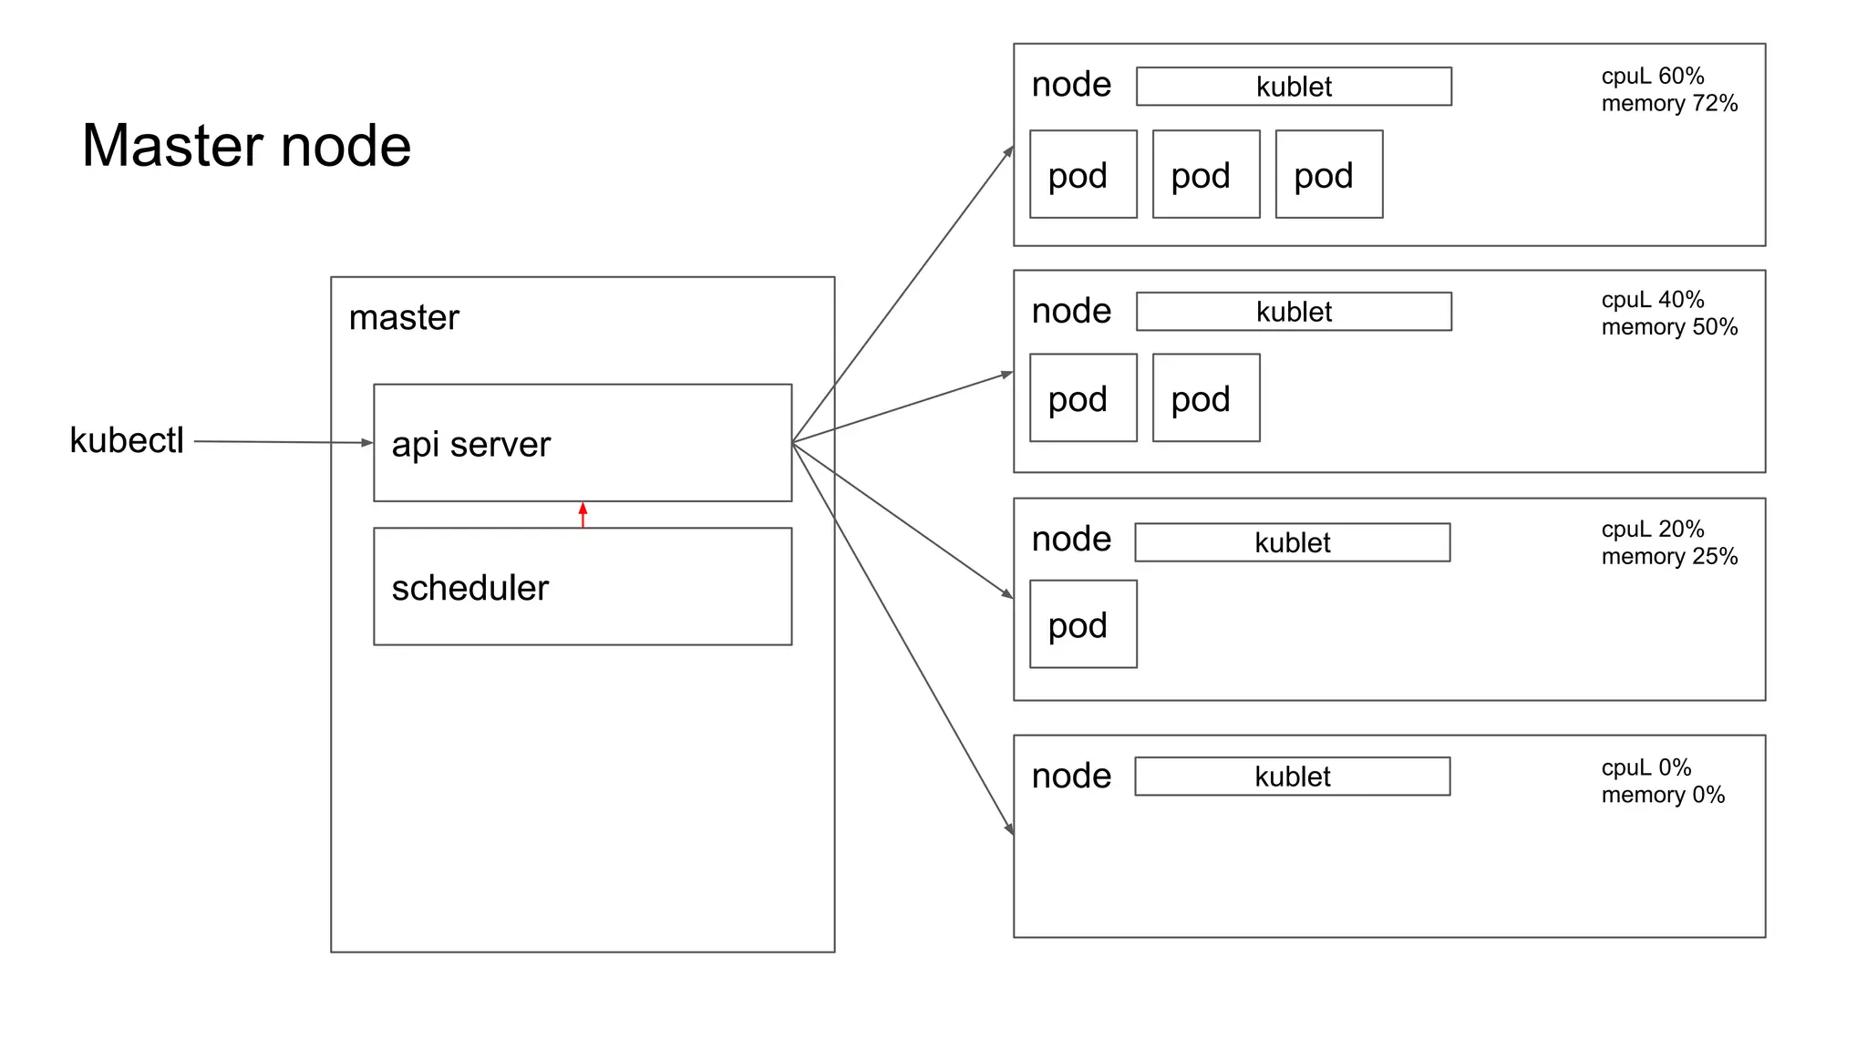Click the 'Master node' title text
pos(246,146)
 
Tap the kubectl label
pos(127,440)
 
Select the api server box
pos(583,443)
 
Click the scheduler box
pos(583,587)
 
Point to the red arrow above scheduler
pos(583,514)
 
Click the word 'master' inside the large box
pos(404,317)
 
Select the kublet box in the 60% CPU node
pos(1294,87)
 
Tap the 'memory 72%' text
pos(1669,104)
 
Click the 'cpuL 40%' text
pos(1652,300)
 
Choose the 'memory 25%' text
pos(1669,557)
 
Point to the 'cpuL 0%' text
pos(1645,767)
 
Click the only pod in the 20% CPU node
pos(1083,624)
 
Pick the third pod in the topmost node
pos(1329,174)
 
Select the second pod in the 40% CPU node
pos(1206,398)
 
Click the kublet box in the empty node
pos(1292,777)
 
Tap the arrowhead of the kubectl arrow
pos(367,443)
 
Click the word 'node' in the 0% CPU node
pos(1071,776)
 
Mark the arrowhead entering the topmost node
pos(1009,151)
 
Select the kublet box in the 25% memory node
pos(1292,542)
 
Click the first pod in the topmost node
pos(1083,174)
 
